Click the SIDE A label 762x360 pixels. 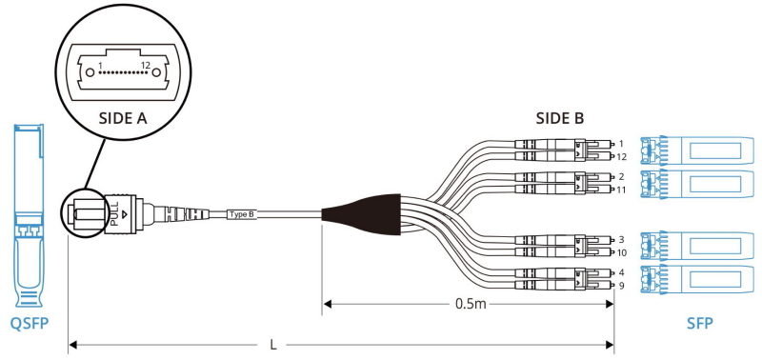(123, 118)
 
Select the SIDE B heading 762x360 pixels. (560, 118)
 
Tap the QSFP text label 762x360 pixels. (30, 323)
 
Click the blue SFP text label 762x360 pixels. (700, 323)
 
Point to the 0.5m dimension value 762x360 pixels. (471, 304)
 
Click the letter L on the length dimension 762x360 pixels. (273, 345)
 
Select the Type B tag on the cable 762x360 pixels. (242, 214)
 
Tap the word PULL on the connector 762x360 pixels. (114, 213)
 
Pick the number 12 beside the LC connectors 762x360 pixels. (622, 157)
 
